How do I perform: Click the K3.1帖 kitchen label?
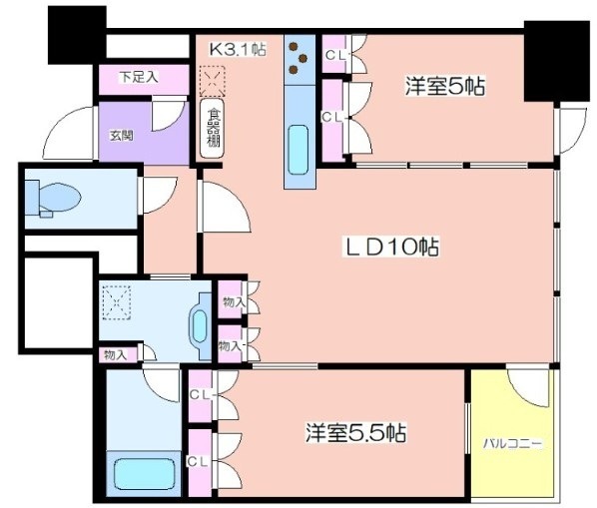pyautogui.click(x=238, y=49)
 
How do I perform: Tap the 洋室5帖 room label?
pyautogui.click(x=445, y=87)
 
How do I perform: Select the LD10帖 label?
pyautogui.click(x=391, y=247)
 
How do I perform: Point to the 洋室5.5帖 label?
pyautogui.click(x=355, y=433)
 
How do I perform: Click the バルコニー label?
pyautogui.click(x=512, y=444)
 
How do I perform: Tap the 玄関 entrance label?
pyautogui.click(x=122, y=136)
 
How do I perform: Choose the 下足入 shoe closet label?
pyautogui.click(x=139, y=77)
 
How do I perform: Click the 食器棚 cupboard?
pyautogui.click(x=212, y=128)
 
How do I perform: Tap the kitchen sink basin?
pyautogui.click(x=298, y=150)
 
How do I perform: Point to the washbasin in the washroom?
pyautogui.click(x=200, y=326)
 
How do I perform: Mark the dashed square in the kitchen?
pyautogui.click(x=213, y=81)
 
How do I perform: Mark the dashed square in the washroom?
pyautogui.click(x=117, y=302)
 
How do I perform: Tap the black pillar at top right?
pyautogui.click(x=556, y=61)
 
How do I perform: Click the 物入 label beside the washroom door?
pyautogui.click(x=116, y=355)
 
